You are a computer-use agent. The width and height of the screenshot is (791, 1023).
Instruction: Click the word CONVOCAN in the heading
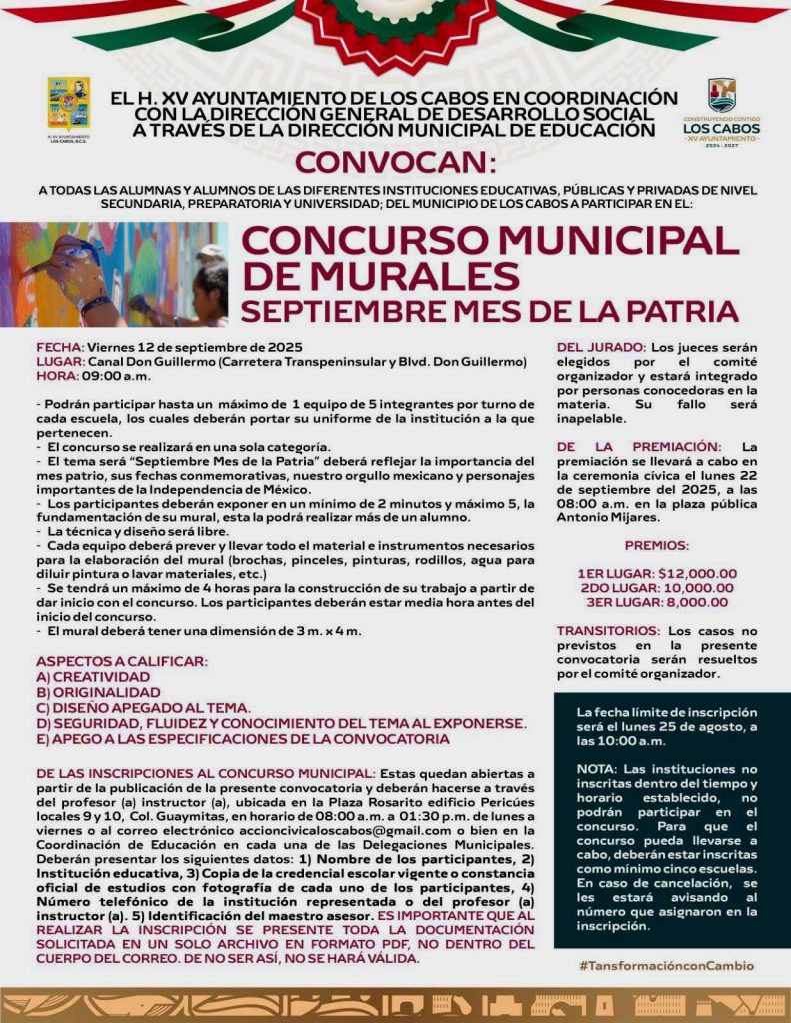[x=395, y=161]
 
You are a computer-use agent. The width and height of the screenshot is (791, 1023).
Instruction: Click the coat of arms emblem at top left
[x=68, y=104]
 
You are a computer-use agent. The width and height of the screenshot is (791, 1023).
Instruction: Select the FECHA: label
[x=61, y=346]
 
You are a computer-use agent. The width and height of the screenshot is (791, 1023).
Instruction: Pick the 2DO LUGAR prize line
[x=656, y=588]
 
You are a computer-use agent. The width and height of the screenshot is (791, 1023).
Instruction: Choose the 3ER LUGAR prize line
[x=656, y=602]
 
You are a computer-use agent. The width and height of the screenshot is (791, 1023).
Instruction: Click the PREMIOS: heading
[x=656, y=546]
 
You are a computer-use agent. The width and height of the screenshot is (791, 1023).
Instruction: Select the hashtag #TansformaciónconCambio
[x=666, y=966]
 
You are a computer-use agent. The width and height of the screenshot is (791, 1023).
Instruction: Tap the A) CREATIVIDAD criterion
[x=93, y=677]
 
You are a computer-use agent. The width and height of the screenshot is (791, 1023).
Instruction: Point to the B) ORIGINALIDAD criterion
[x=99, y=692]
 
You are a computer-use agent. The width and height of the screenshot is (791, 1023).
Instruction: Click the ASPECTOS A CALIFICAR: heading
[x=122, y=661]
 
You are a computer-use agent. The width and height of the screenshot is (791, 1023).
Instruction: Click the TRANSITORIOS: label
[x=607, y=631]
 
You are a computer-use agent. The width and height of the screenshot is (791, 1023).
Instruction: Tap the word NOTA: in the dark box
[x=597, y=769]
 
